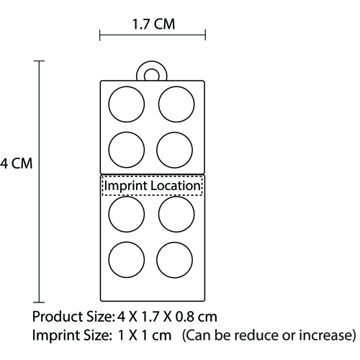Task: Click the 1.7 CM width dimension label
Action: [x=153, y=24]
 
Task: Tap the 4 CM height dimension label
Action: [x=16, y=163]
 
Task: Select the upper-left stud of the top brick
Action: [x=127, y=104]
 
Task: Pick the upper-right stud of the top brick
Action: [x=176, y=104]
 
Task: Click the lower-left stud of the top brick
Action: [x=127, y=150]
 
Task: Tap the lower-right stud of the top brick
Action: [x=174, y=150]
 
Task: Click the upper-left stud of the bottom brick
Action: [x=127, y=215]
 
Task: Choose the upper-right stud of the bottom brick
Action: [x=176, y=215]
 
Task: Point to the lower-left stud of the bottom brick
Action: [x=127, y=260]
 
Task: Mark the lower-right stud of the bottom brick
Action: [x=174, y=260]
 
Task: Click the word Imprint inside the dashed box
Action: [x=125, y=186]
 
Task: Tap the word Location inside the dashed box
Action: [x=176, y=186]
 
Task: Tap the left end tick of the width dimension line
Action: [x=100, y=35]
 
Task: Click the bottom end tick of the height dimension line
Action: [x=39, y=302]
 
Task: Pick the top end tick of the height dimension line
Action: [x=39, y=61]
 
